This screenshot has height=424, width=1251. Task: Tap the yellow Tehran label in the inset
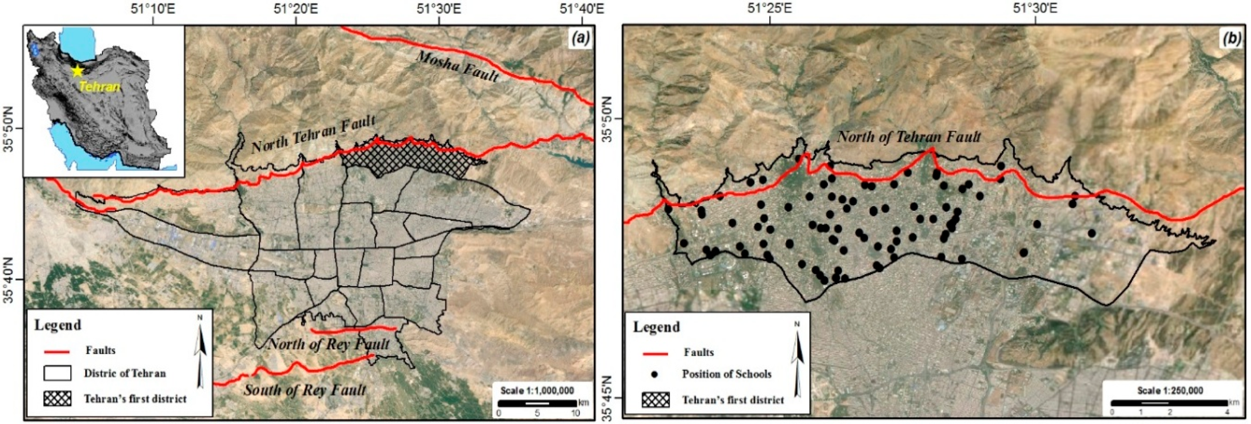tap(99, 87)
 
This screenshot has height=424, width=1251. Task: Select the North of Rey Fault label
tap(329, 344)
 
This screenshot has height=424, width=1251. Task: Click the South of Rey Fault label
tap(305, 389)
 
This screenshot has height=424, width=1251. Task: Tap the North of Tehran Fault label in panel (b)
tap(908, 137)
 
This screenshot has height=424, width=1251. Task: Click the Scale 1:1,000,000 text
tap(537, 390)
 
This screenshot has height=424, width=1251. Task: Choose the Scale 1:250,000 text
tap(1170, 390)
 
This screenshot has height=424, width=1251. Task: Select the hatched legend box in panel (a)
tap(57, 399)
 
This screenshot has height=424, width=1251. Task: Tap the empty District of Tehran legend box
tap(57, 373)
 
